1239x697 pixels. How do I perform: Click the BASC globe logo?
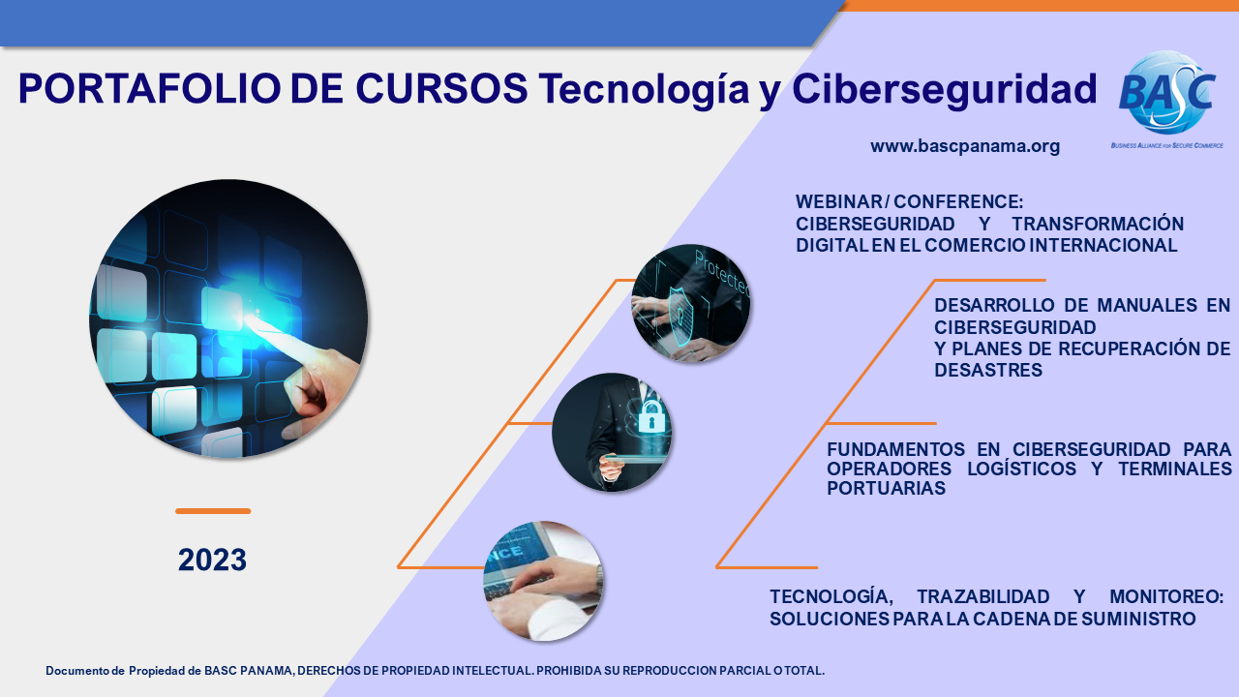[x=1167, y=93]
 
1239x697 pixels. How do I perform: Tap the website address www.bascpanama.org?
[x=965, y=146]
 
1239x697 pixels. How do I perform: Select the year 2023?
[x=212, y=560]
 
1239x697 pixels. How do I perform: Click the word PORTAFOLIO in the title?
[x=149, y=88]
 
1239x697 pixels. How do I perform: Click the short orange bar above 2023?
[x=213, y=511]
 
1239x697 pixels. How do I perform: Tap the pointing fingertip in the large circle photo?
[x=250, y=318]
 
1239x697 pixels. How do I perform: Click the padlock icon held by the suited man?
[x=651, y=416]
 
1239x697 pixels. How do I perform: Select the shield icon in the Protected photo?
[x=680, y=317]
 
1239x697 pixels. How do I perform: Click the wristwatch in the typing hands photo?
[x=599, y=578]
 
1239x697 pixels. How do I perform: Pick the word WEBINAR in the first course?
[x=839, y=202]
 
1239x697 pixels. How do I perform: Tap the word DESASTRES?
[x=988, y=370]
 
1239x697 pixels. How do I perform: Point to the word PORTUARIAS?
[x=886, y=488]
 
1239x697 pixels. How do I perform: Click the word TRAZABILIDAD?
[x=983, y=597]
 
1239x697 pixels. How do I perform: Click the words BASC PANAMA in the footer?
[x=249, y=671]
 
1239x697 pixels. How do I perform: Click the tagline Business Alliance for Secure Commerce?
[x=1167, y=145]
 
